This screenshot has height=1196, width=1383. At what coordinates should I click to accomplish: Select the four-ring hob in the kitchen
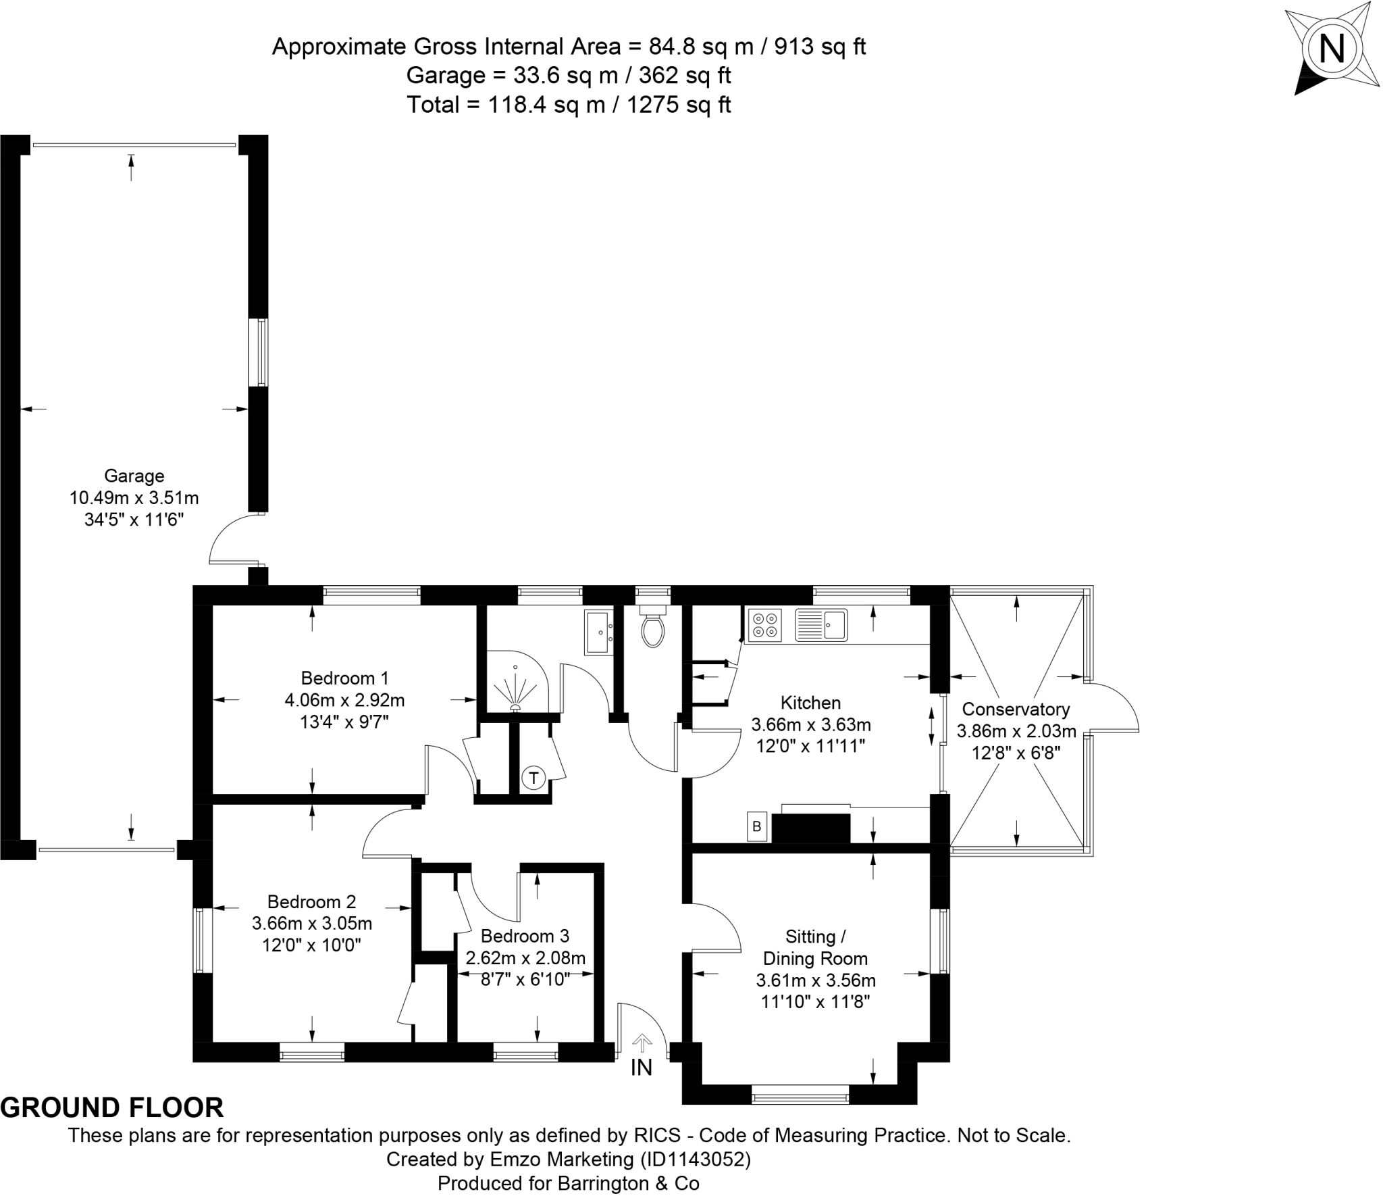pyautogui.click(x=764, y=625)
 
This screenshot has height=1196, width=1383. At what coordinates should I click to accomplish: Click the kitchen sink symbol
pyautogui.click(x=820, y=625)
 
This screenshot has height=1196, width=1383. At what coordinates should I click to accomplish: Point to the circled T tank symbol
pyautogui.click(x=533, y=778)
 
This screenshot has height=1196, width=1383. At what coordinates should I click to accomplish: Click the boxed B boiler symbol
pyautogui.click(x=757, y=826)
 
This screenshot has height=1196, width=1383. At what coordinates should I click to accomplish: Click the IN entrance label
pyautogui.click(x=641, y=1068)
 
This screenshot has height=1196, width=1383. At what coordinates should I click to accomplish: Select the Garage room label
pyautogui.click(x=134, y=476)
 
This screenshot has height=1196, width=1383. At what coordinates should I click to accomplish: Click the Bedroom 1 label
pyautogui.click(x=344, y=678)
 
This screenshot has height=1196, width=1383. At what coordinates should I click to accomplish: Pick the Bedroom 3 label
pyautogui.click(x=525, y=936)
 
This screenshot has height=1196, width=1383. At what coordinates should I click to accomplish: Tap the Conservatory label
pyautogui.click(x=1016, y=709)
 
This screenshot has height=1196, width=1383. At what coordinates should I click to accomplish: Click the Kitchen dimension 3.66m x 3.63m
pyautogui.click(x=811, y=725)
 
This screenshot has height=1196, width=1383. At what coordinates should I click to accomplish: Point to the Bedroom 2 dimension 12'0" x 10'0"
pyautogui.click(x=312, y=945)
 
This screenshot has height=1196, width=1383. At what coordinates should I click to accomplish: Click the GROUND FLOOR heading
pyautogui.click(x=112, y=1108)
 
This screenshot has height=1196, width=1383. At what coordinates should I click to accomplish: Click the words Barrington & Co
pyautogui.click(x=628, y=1183)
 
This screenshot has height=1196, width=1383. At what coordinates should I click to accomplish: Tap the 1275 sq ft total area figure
pyautogui.click(x=679, y=105)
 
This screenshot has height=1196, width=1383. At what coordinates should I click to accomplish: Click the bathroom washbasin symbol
pyautogui.click(x=599, y=632)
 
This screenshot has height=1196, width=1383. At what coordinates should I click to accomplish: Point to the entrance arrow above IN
pyautogui.click(x=642, y=1044)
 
